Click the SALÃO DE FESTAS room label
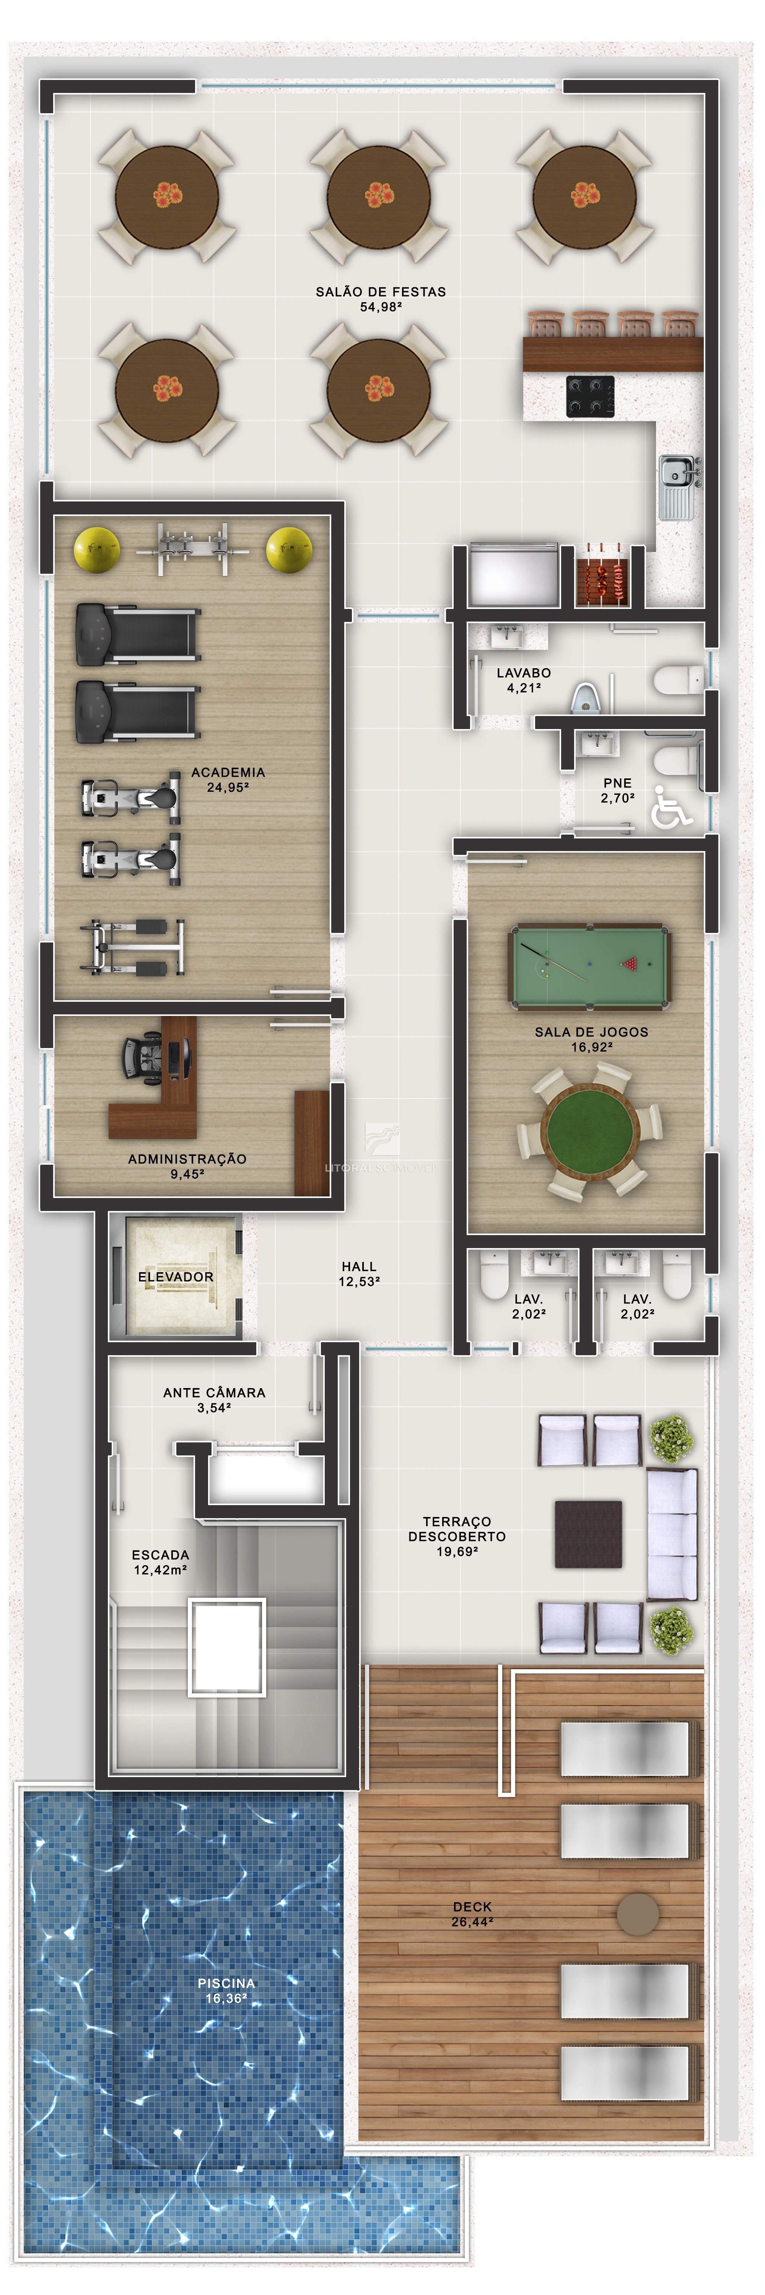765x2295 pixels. [x=380, y=291]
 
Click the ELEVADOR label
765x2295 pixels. [x=176, y=1277]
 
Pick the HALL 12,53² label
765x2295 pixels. [x=359, y=1273]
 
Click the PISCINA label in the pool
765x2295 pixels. [x=226, y=2000]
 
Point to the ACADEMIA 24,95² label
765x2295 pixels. [x=228, y=780]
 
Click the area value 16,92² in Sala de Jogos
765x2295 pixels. [x=591, y=1047]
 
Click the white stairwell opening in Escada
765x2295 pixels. [x=226, y=1646]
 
